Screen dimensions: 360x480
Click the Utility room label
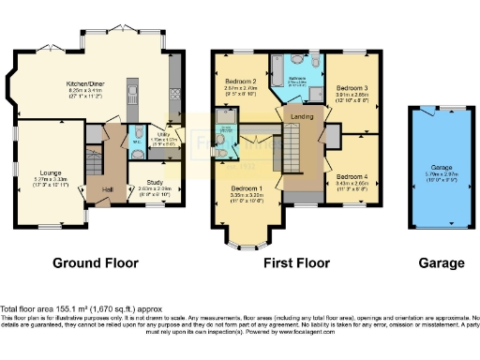tap(171, 136)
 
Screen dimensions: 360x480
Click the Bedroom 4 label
tap(352, 175)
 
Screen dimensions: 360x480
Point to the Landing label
tap(302, 115)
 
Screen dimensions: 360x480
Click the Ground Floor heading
tap(95, 262)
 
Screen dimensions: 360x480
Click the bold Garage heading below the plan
tap(435, 262)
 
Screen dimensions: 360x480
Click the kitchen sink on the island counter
tap(134, 93)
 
